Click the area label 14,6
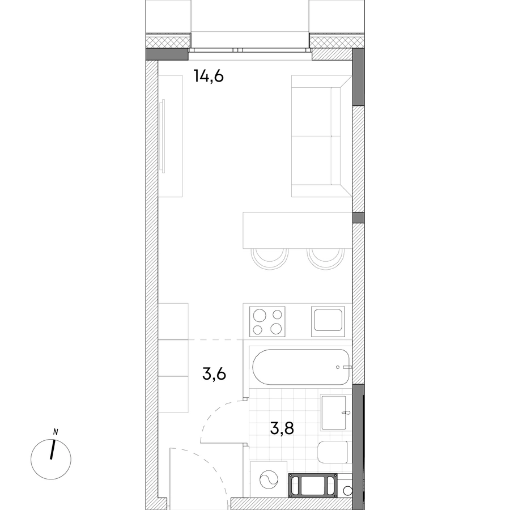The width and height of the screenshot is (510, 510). pyautogui.click(x=209, y=76)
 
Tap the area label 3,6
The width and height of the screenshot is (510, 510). pyautogui.click(x=214, y=374)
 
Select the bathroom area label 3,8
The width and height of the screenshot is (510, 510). pyautogui.click(x=282, y=428)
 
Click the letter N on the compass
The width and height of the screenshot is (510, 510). pyautogui.click(x=56, y=432)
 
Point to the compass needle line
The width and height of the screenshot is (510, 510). pyautogui.click(x=52, y=449)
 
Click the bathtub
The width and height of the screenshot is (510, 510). pyautogui.click(x=301, y=367)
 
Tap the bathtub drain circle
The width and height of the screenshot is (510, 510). pyautogui.click(x=338, y=367)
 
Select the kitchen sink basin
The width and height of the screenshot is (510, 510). pyautogui.click(x=328, y=320)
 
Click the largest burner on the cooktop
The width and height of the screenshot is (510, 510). pyautogui.click(x=260, y=316)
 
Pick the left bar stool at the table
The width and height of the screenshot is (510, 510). pyautogui.click(x=270, y=259)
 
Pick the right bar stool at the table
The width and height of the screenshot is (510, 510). pyautogui.click(x=326, y=259)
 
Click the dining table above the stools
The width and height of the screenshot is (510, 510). pyautogui.click(x=297, y=230)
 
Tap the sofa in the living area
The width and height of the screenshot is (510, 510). pyautogui.click(x=322, y=136)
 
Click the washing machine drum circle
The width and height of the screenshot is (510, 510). pyautogui.click(x=269, y=479)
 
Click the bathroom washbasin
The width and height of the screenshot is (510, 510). pyautogui.click(x=336, y=413)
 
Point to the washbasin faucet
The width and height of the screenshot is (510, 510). pyautogui.click(x=347, y=413)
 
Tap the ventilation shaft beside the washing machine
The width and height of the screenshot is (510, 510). pyautogui.click(x=313, y=485)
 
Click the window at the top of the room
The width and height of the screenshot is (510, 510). pyautogui.click(x=249, y=50)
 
